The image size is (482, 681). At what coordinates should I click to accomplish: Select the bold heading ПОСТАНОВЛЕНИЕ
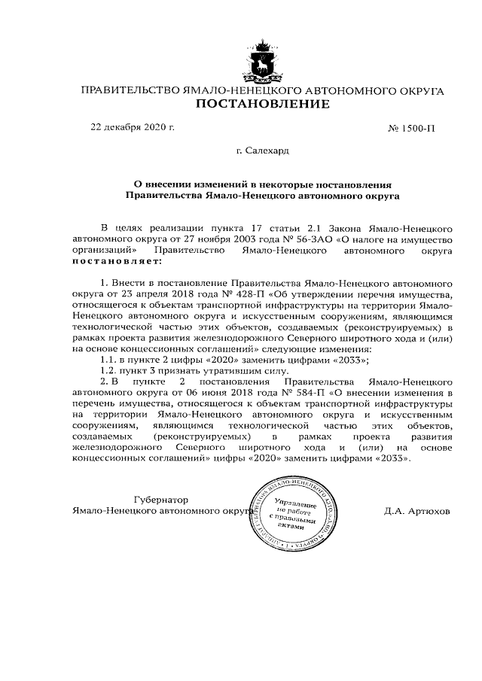pos(262,104)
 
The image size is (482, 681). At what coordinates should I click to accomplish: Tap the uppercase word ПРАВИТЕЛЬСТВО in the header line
pos(130,90)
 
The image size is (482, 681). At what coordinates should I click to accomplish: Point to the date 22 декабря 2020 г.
pos(133,127)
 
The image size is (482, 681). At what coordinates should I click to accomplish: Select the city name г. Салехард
pos(262,150)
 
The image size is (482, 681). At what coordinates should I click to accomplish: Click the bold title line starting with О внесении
pos(262,183)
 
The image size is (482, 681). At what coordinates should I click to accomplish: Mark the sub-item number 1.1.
pos(110,360)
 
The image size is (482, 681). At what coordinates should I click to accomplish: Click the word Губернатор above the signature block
pos(160,499)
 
